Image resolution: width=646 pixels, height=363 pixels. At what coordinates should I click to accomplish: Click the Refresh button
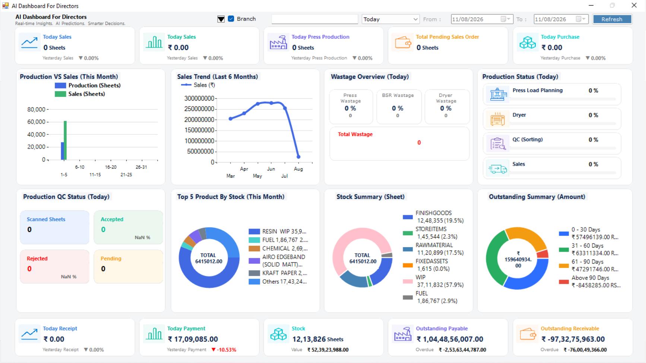[x=612, y=19]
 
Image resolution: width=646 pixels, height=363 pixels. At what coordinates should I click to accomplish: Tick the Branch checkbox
[x=231, y=19]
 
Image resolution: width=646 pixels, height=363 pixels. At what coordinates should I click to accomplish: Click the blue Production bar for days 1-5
[x=62, y=151]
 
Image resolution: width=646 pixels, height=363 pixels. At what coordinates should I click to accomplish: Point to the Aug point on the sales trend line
[x=298, y=157]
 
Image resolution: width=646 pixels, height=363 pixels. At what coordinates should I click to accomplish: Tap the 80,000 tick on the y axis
[x=36, y=109]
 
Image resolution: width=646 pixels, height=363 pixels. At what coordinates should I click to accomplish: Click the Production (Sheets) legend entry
[x=88, y=85]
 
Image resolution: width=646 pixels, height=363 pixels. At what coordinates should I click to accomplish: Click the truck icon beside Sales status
[x=497, y=169]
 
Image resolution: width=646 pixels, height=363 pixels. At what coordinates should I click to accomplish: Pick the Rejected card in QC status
[x=55, y=267]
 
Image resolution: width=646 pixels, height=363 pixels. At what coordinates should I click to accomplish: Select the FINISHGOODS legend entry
[x=434, y=217]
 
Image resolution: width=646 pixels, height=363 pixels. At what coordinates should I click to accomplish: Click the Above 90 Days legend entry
[x=590, y=281]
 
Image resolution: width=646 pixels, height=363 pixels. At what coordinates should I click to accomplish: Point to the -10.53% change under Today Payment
[x=224, y=350]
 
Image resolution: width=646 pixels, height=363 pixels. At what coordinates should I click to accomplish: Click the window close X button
[x=634, y=5]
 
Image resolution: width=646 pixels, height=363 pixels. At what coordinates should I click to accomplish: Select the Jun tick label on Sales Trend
[x=271, y=169]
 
